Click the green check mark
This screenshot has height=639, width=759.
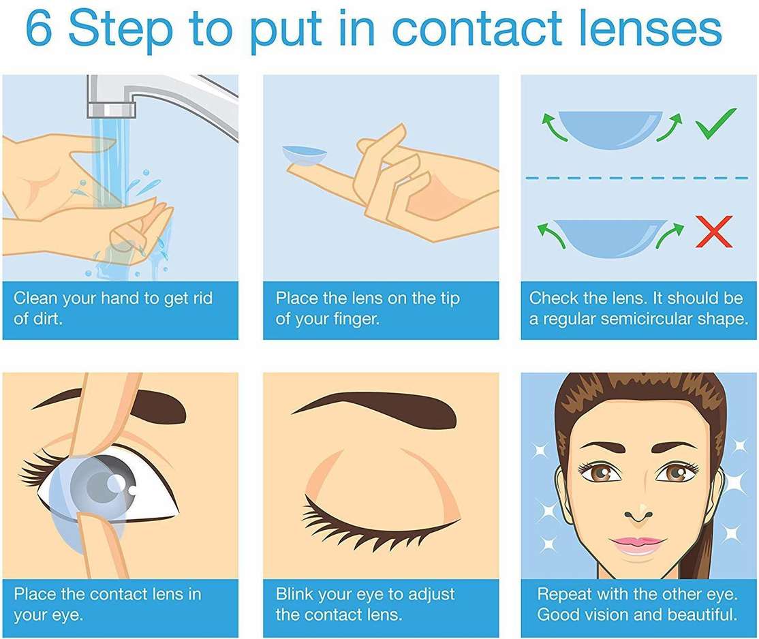716,123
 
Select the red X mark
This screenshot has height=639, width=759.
714,232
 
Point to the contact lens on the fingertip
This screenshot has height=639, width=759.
305,156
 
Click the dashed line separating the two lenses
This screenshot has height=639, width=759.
637,178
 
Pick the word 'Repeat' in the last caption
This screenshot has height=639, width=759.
563,593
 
